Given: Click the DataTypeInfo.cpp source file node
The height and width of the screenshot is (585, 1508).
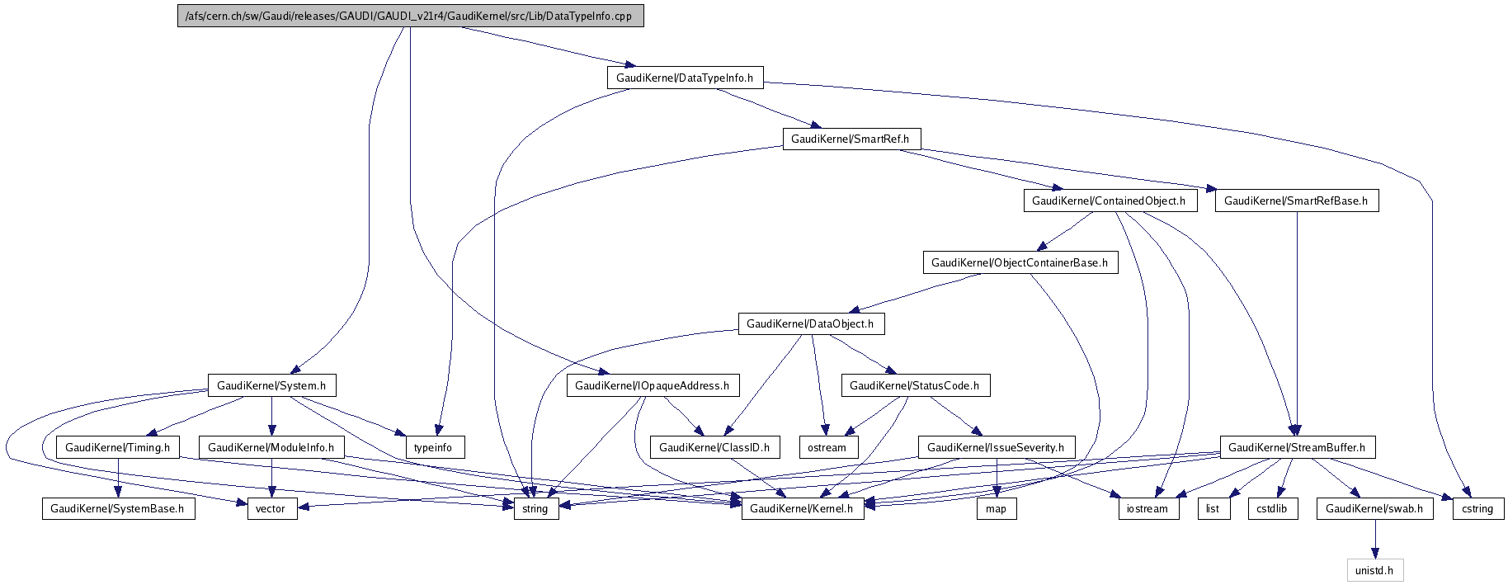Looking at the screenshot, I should click(x=410, y=17).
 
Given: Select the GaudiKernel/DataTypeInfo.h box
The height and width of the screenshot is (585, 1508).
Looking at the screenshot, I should click(x=685, y=78).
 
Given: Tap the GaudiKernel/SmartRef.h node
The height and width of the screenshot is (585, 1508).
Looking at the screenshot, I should click(x=851, y=139).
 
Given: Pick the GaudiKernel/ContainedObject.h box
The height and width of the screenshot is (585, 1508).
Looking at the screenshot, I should click(x=1109, y=201).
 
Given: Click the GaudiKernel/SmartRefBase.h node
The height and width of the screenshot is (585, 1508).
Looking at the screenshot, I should click(x=1296, y=201).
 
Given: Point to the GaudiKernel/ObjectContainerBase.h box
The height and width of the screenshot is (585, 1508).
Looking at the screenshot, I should click(x=1020, y=263).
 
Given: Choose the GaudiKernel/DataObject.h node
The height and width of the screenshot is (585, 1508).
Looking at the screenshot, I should click(x=810, y=324).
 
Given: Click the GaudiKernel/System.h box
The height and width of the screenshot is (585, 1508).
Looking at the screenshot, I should click(x=271, y=386).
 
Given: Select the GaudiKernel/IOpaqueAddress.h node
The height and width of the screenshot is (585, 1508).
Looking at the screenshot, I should click(x=652, y=386).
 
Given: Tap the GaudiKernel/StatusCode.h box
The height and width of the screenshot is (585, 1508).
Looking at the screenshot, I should click(x=914, y=386).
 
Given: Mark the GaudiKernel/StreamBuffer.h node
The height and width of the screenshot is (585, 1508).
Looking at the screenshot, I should click(x=1296, y=448).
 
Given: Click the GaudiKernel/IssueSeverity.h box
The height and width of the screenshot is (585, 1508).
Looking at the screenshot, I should click(x=996, y=448).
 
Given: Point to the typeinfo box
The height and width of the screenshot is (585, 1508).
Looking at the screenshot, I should click(x=434, y=448).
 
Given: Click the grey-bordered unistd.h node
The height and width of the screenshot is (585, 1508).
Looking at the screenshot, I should click(x=1374, y=570).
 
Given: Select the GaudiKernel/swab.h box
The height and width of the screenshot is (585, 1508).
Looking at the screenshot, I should click(x=1374, y=509).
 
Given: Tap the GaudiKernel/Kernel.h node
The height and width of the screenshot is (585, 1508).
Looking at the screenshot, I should click(x=802, y=509).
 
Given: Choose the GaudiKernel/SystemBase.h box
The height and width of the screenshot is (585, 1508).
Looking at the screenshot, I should click(x=118, y=509).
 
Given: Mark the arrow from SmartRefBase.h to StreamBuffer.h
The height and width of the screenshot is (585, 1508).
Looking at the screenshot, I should click(x=1297, y=322).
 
